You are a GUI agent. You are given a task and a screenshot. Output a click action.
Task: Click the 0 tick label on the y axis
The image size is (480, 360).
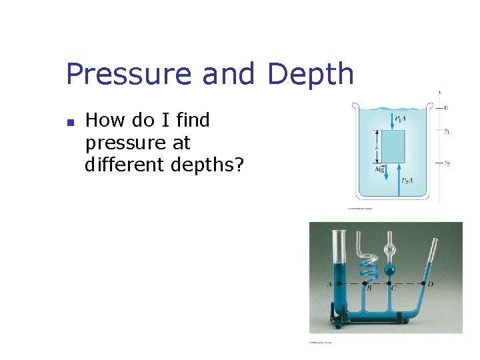pyautogui.click(x=445, y=107)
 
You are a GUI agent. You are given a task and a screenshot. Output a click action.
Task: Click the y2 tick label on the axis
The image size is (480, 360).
pyautogui.click(x=447, y=163)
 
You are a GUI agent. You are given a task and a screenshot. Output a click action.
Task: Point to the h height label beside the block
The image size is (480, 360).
pyautogui.click(x=378, y=147)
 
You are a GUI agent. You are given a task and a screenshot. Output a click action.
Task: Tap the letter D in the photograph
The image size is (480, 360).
pyautogui.click(x=431, y=285)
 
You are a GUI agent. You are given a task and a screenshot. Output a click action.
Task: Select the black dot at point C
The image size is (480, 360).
pyautogui.click(x=390, y=283)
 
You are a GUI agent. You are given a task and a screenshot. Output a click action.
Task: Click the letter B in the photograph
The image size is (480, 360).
pyautogui.click(x=369, y=289)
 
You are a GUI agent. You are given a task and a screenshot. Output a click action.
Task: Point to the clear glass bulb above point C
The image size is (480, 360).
pyautogui.click(x=390, y=251)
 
